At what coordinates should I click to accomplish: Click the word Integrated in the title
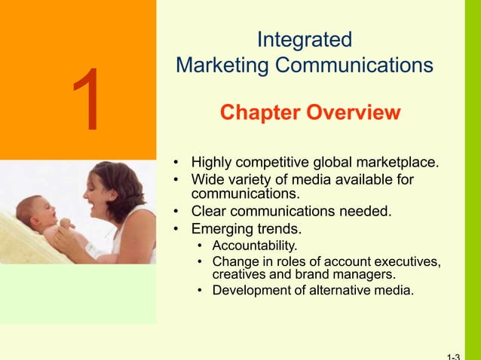click(304, 38)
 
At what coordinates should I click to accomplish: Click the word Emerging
click(225, 228)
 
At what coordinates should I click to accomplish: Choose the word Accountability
click(255, 246)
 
